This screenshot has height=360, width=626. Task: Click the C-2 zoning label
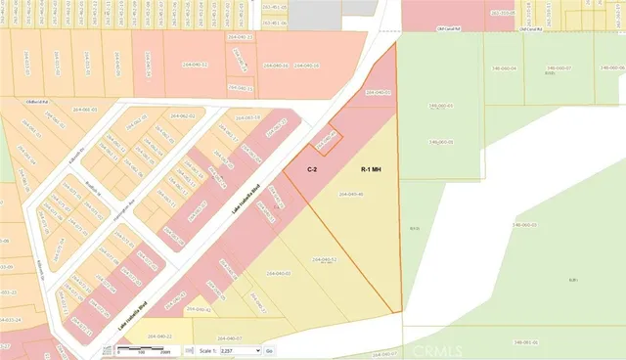click(x=312, y=169)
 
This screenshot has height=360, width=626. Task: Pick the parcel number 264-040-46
click(x=350, y=195)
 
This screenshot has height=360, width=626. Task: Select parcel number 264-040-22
click(x=160, y=336)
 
